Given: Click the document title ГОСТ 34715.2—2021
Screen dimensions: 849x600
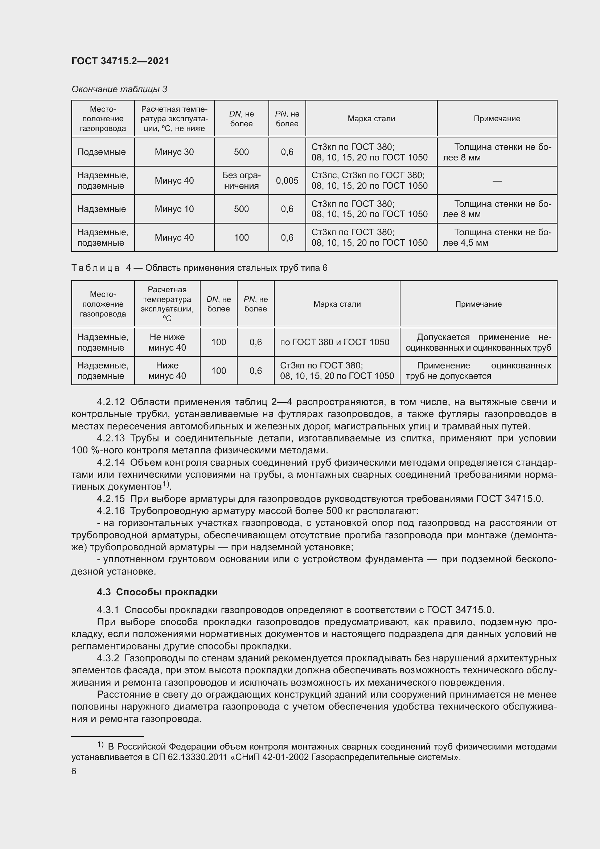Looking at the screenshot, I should [x=120, y=61].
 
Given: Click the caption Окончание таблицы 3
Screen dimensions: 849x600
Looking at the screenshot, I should [x=119, y=89].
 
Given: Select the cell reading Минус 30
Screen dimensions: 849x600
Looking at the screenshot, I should [x=174, y=152].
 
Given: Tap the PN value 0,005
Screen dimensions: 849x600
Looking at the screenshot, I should [x=287, y=180].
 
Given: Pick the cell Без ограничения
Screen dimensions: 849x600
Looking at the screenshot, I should [x=241, y=180].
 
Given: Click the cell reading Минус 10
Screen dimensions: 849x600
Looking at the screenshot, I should [x=174, y=209].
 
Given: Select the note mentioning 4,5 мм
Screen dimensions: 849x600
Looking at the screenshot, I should [x=497, y=237].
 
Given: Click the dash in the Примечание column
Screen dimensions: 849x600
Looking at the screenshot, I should [x=497, y=181].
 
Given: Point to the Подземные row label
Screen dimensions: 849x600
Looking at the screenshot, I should [x=102, y=152].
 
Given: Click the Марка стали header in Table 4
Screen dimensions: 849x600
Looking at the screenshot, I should [x=337, y=304].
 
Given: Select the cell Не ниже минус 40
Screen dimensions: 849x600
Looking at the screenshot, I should [x=167, y=342].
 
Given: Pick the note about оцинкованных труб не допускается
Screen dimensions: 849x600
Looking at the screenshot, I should [x=478, y=371].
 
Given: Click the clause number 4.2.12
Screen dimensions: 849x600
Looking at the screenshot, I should [x=111, y=402].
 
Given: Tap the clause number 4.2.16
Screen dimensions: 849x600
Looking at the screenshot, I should [x=111, y=511].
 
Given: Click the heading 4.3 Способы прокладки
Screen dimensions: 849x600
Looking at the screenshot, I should [x=157, y=592].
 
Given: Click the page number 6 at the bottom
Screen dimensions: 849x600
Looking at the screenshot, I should [x=74, y=771].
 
